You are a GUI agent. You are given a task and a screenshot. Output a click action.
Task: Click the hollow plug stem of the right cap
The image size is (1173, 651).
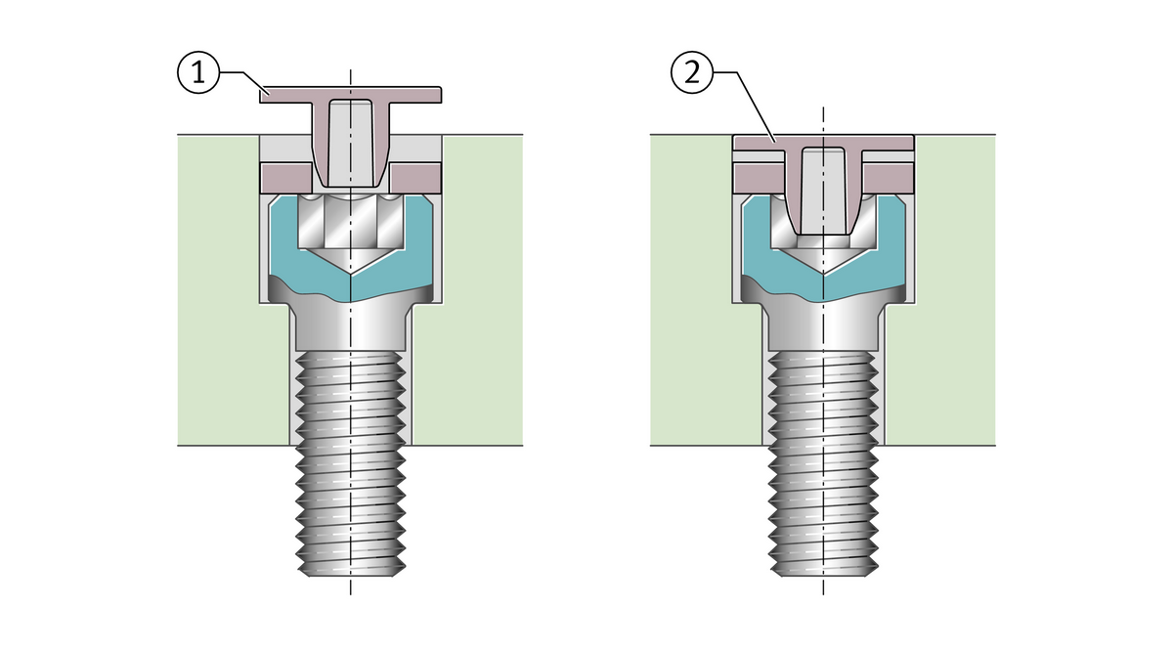(823, 191)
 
